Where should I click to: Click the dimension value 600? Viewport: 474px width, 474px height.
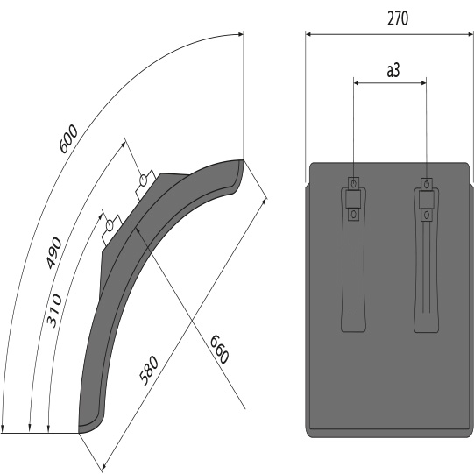pyautogui.click(x=68, y=139)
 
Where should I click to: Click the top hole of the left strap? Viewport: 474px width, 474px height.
pyautogui.click(x=353, y=183)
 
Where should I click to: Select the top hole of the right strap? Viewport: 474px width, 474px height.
pyautogui.click(x=427, y=183)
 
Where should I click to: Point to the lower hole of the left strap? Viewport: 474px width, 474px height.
pyautogui.click(x=353, y=214)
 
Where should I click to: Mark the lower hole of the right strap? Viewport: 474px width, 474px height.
pyautogui.click(x=427, y=214)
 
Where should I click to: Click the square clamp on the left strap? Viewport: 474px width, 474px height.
pyautogui.click(x=353, y=199)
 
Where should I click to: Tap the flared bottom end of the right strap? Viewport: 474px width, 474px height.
pyautogui.click(x=427, y=328)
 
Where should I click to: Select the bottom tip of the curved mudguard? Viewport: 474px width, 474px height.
pyautogui.click(x=81, y=428)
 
